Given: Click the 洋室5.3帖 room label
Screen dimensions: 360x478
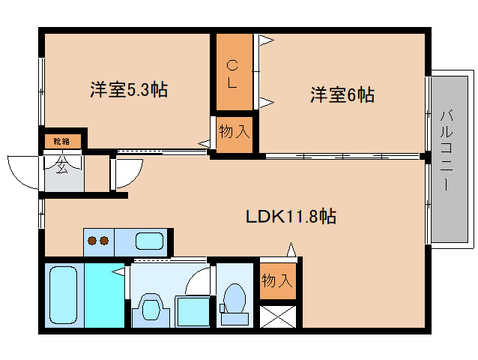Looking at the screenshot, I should click(128, 91).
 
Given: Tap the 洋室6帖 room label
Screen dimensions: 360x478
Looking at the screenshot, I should click(342, 95).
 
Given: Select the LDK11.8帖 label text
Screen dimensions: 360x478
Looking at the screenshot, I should click(291, 217).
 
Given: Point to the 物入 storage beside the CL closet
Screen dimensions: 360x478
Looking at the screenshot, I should click(234, 133).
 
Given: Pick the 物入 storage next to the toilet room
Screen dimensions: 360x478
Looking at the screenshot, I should click(276, 280).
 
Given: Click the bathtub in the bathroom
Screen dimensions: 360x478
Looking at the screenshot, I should click(63, 295).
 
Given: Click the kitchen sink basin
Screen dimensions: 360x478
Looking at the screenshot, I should click(150, 242).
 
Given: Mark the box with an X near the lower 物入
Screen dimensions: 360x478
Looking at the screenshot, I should click(277, 316).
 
